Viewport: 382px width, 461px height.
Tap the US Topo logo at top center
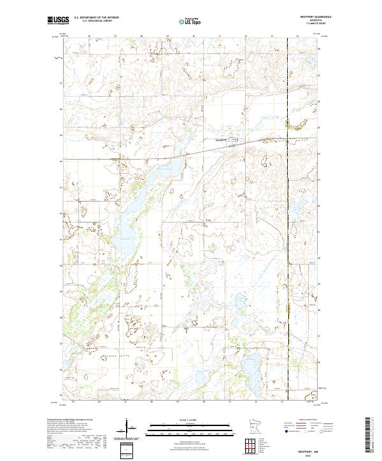[191, 21]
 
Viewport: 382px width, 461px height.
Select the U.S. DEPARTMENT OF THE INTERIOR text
[94, 18]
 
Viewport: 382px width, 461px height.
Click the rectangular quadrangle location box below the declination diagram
[127, 449]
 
